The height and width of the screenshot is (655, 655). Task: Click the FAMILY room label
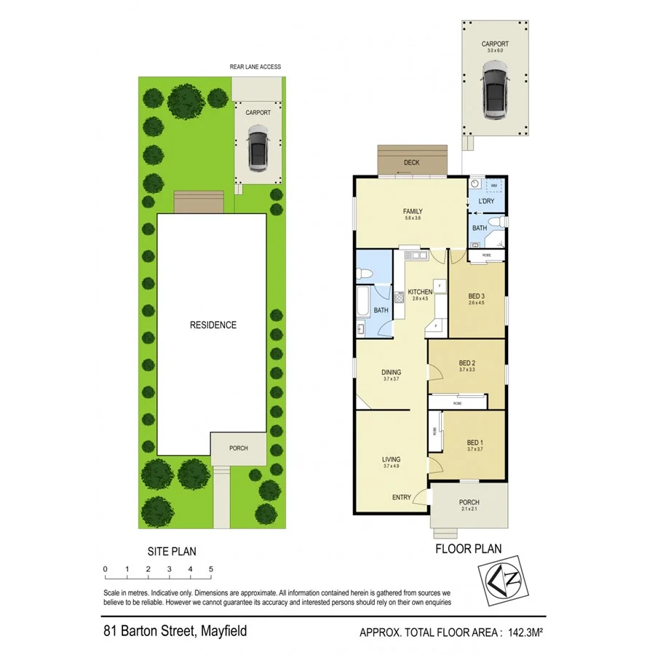point(413,211)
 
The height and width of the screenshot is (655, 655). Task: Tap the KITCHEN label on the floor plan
point(420,292)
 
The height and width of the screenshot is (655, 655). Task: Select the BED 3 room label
point(476,295)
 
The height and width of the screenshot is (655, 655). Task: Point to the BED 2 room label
point(467,363)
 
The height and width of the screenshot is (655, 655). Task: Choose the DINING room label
point(392,372)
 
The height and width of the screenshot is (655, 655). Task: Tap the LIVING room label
point(392,459)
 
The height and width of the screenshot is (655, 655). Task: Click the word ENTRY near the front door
point(401,498)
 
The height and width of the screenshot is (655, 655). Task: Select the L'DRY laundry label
point(486,201)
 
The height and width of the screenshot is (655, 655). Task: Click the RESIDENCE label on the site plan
point(213,325)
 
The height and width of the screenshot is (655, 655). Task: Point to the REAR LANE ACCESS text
point(255,67)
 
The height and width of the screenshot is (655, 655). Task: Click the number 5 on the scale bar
point(210,569)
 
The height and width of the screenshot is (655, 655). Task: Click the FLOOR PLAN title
point(467,549)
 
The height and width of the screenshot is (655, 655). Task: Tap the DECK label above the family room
point(412,164)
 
